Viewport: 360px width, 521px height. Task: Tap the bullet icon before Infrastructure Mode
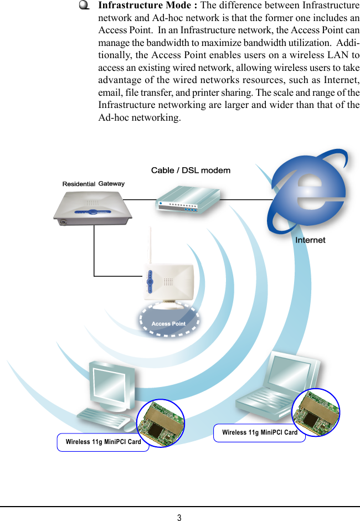84,6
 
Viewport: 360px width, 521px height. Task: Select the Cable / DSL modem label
191,171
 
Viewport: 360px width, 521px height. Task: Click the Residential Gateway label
93,183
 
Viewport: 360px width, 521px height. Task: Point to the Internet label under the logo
310,240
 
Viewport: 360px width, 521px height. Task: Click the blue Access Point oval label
168,323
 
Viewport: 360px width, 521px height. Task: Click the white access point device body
168,282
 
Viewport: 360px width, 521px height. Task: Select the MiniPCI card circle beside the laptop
316,412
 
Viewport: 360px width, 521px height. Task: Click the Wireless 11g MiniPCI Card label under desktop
103,442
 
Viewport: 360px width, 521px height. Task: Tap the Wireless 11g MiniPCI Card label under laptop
259,432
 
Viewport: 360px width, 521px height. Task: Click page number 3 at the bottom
179,518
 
